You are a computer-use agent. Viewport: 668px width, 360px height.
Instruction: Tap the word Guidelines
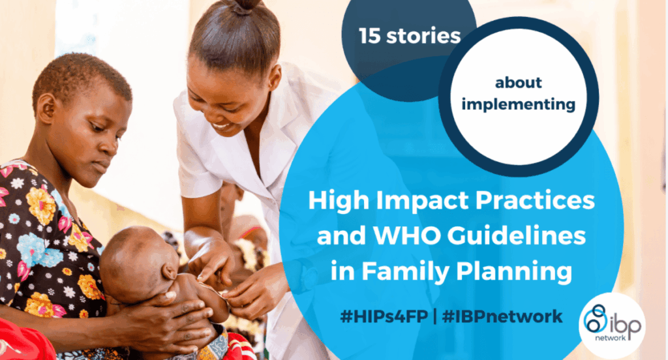tap(519, 235)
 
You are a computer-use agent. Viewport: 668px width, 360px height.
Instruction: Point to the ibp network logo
tap(611, 324)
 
